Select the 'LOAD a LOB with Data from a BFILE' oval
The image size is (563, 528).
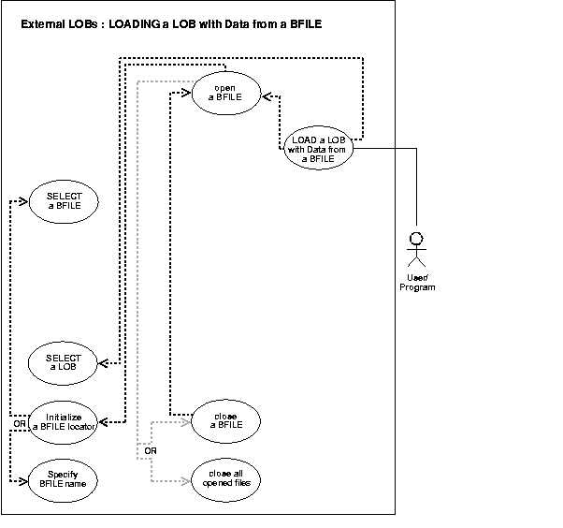click(319, 148)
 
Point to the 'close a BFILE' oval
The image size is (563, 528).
click(224, 419)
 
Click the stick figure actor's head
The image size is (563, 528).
click(418, 236)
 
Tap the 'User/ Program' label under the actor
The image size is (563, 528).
click(417, 282)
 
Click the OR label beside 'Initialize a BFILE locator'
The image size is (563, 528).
click(20, 424)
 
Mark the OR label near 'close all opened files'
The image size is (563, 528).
click(149, 452)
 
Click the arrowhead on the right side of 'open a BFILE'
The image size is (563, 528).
click(266, 94)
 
